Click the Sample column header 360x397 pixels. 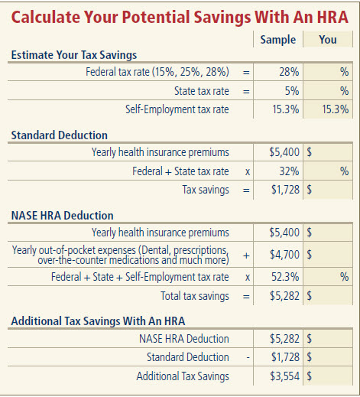pyautogui.click(x=278, y=40)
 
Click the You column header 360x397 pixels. pyautogui.click(x=328, y=40)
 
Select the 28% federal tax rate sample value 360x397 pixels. pyautogui.click(x=289, y=72)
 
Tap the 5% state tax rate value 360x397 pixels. pyautogui.click(x=292, y=91)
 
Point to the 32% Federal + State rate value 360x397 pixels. pyautogui.click(x=289, y=171)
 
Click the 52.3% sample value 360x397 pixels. pyautogui.click(x=285, y=277)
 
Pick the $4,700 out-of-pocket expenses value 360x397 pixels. pyautogui.click(x=284, y=255)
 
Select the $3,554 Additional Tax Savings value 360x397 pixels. pyautogui.click(x=284, y=376)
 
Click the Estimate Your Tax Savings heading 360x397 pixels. pyautogui.click(x=74, y=55)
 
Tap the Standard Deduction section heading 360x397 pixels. pyautogui.click(x=60, y=135)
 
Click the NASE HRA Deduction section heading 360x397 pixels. pyautogui.click(x=63, y=216)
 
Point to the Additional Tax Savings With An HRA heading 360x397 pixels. pyautogui.click(x=98, y=321)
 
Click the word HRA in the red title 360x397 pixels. pyautogui.click(x=332, y=18)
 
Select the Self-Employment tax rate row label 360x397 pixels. pyautogui.click(x=177, y=109)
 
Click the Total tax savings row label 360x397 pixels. pyautogui.click(x=195, y=296)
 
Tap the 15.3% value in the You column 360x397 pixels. pyautogui.click(x=335, y=109)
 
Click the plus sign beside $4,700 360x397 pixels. pyautogui.click(x=246, y=255)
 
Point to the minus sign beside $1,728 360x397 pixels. pyautogui.click(x=248, y=358)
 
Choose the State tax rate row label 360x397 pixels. pyautogui.click(x=202, y=91)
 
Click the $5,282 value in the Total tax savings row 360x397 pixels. pyautogui.click(x=284, y=296)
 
